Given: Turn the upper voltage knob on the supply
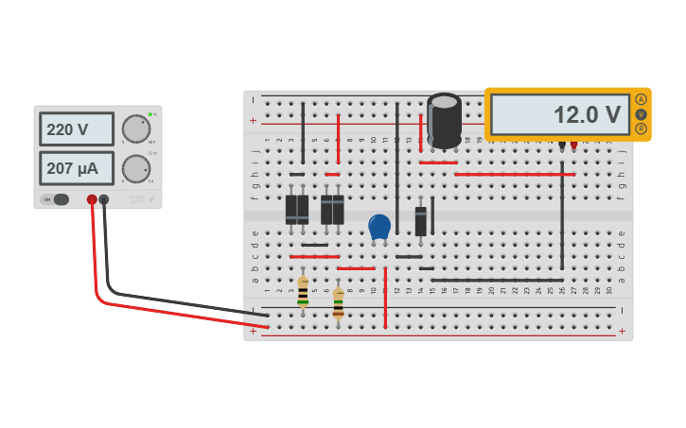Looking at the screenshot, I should (x=135, y=128).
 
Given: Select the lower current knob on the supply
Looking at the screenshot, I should (x=135, y=169).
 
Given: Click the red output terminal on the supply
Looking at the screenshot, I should (x=92, y=199).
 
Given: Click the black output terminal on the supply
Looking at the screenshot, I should (x=104, y=199).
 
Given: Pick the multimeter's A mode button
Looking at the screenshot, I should (x=641, y=99).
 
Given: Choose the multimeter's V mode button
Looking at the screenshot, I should (x=641, y=114).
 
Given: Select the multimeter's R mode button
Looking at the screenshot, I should (x=641, y=128).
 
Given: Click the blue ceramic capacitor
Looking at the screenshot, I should (x=379, y=227).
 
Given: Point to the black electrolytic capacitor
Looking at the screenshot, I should (x=444, y=119).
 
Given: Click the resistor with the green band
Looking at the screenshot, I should (x=303, y=291).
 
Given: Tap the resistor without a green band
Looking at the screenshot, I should (x=338, y=302).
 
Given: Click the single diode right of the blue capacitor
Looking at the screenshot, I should (x=420, y=220).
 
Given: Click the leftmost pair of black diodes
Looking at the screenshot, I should (x=297, y=209).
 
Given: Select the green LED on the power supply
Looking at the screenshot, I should (x=150, y=114).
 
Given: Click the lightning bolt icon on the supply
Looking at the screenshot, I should (x=151, y=199).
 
